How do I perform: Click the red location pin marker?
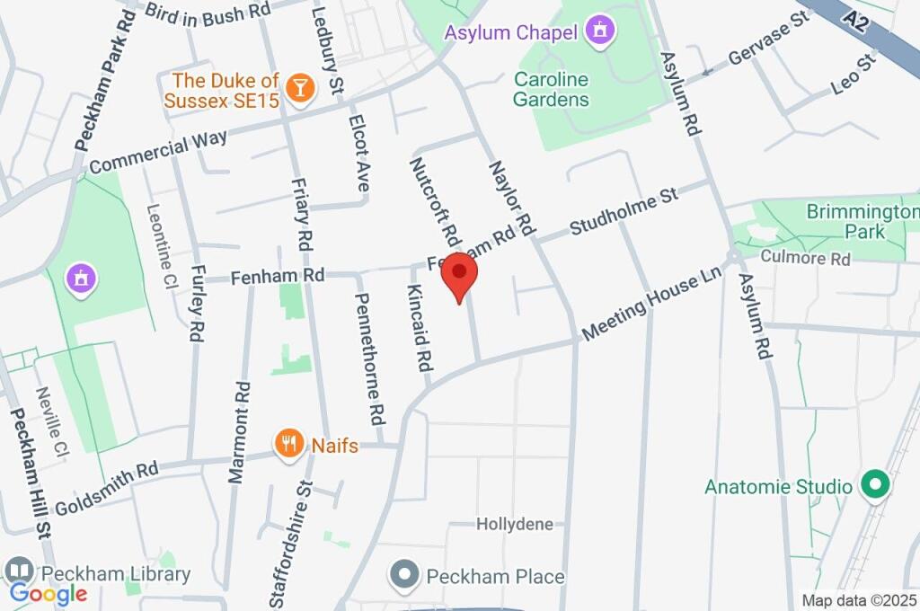pos(460,274)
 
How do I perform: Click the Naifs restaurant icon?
pos(287,443)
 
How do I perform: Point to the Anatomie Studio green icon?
pos(873,486)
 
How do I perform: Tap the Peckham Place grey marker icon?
pos(405,575)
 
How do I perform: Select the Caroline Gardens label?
pos(551,89)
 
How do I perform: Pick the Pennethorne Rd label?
pos(371,359)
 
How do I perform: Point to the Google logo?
pos(49,593)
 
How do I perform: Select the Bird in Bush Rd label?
pos(195,11)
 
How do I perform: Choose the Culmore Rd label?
pos(805,259)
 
